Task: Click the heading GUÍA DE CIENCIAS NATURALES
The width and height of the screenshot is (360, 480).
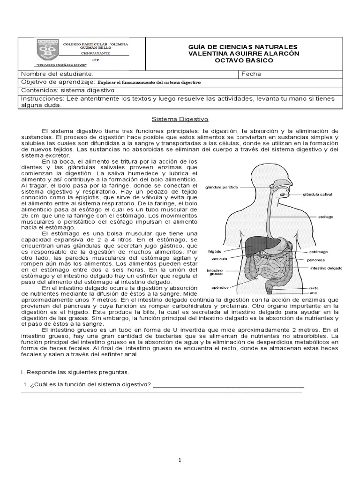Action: point(243,47)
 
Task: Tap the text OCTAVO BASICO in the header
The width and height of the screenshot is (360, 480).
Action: point(243,60)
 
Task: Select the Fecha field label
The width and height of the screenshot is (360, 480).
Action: point(252,74)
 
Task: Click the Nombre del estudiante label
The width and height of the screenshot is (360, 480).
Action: point(58,74)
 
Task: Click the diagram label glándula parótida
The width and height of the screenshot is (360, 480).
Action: point(222,187)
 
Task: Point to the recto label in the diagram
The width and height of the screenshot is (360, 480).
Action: point(314,288)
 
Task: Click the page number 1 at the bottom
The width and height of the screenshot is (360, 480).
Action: point(180,460)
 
